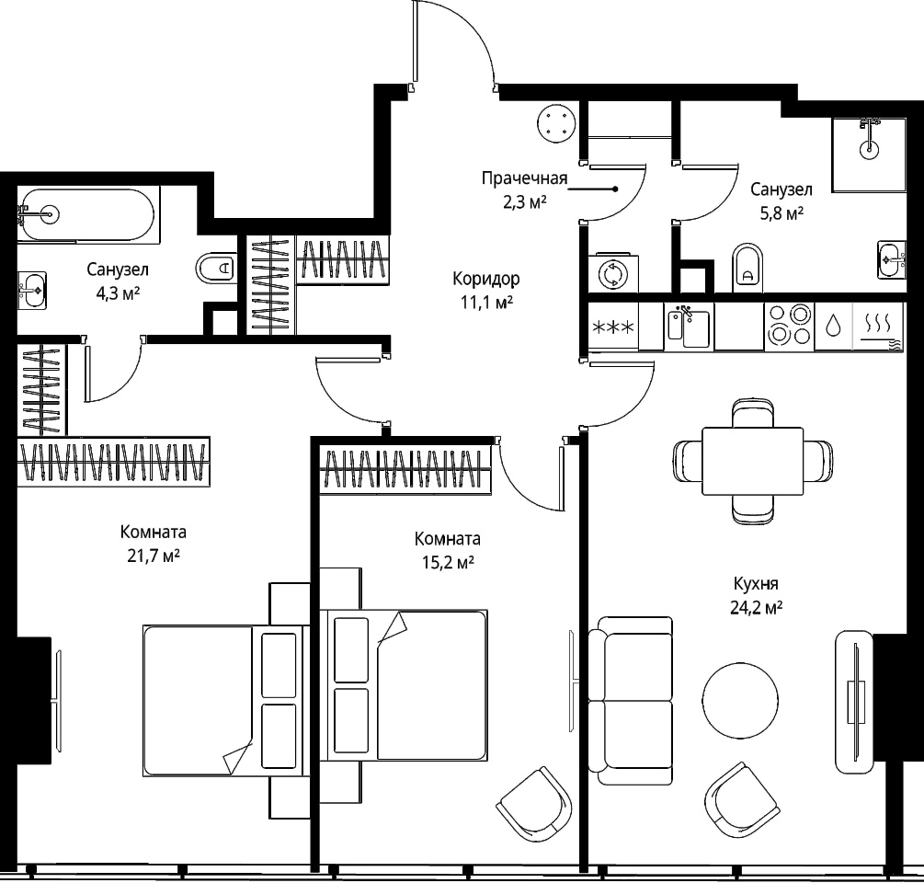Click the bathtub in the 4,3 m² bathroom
(88, 214)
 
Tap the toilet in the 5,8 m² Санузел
(747, 267)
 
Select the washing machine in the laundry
(613, 274)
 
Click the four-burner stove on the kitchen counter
(789, 326)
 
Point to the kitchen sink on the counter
(689, 326)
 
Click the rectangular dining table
(752, 461)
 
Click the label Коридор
(486, 278)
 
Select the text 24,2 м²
(757, 607)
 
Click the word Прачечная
(524, 178)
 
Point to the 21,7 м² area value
(154, 556)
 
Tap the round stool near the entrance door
(555, 123)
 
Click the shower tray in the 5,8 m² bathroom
(869, 155)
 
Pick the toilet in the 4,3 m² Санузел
(216, 269)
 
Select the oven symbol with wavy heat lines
(878, 327)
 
